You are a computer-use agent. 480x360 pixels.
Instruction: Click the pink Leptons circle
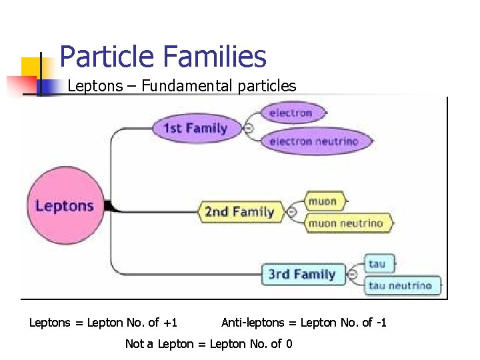(x=65, y=205)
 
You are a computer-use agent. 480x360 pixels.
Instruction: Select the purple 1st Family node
(x=195, y=128)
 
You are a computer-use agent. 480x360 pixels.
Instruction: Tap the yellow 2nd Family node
(x=239, y=212)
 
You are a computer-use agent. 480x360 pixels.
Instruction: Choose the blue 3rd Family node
(x=301, y=274)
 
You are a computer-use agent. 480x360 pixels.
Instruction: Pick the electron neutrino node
(x=313, y=141)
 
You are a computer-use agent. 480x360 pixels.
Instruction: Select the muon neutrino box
(x=345, y=223)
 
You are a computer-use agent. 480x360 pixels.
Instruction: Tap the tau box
(x=377, y=263)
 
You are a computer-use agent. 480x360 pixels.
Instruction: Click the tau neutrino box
(x=400, y=286)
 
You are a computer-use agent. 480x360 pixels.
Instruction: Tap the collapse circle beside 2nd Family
(x=291, y=212)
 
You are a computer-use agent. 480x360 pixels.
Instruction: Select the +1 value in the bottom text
(x=170, y=323)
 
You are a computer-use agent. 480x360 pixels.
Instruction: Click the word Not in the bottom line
(x=134, y=343)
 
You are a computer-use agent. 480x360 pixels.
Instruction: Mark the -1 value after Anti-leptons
(x=381, y=323)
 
